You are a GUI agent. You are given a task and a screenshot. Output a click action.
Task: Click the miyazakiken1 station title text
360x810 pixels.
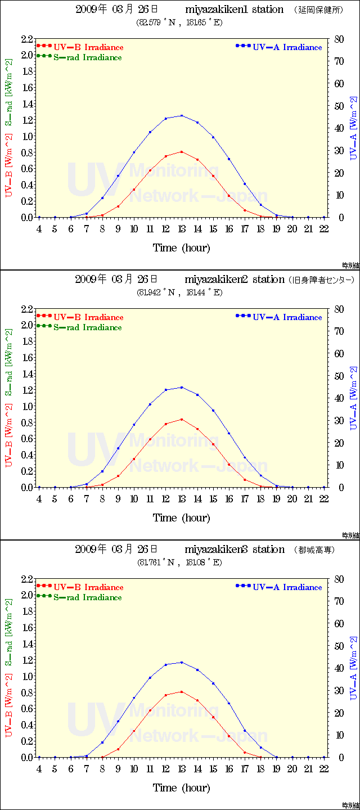pyautogui.click(x=234, y=10)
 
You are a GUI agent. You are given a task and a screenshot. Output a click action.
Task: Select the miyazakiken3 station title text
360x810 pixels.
pyautogui.click(x=234, y=550)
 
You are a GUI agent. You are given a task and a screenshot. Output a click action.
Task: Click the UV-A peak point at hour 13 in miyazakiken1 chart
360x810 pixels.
pyautogui.click(x=182, y=115)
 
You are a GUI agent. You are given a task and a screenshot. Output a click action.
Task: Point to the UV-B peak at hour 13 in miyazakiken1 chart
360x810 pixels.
pyautogui.click(x=182, y=151)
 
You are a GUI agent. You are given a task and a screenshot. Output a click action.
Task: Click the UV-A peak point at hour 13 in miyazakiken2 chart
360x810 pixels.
pyautogui.click(x=182, y=387)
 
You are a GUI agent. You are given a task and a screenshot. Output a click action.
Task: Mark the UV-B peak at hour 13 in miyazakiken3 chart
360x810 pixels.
pyautogui.click(x=182, y=691)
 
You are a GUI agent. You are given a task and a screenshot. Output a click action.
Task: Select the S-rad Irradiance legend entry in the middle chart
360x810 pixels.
pyautogui.click(x=87, y=327)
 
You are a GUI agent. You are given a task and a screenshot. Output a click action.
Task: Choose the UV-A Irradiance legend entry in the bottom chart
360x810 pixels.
pyautogui.click(x=287, y=587)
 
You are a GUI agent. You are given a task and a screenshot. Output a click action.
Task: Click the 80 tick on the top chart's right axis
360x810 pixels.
pyautogui.click(x=338, y=39)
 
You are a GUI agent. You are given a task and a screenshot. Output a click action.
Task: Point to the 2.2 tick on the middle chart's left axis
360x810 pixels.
pyautogui.click(x=27, y=309)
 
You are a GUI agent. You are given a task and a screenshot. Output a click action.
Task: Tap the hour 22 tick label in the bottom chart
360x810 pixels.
pyautogui.click(x=324, y=769)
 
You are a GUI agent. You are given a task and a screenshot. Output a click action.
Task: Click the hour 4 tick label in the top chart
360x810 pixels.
pyautogui.click(x=39, y=229)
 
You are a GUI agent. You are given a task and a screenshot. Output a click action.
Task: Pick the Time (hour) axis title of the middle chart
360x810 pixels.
pyautogui.click(x=181, y=517)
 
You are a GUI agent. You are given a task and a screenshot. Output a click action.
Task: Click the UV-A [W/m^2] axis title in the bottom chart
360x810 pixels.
pyautogui.click(x=353, y=668)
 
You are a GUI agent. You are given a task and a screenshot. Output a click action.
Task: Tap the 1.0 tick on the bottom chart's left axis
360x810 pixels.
pyautogui.click(x=27, y=676)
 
